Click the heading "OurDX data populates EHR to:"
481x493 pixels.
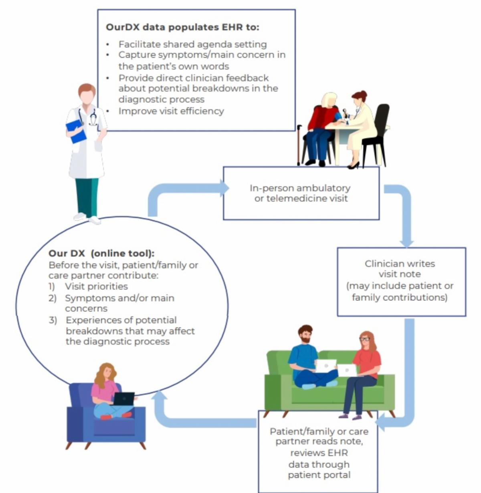(182, 27)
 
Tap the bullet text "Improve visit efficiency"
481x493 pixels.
(171, 111)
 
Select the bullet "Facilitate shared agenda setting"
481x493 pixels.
(192, 44)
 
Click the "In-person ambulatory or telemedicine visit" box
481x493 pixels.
(301, 193)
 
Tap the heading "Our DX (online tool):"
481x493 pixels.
(101, 253)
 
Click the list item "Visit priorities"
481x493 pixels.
(96, 286)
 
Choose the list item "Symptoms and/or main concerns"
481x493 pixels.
(119, 303)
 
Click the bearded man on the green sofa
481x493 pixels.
(306, 356)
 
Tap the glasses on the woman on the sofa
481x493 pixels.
(364, 339)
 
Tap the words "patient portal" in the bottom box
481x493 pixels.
(319, 475)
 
